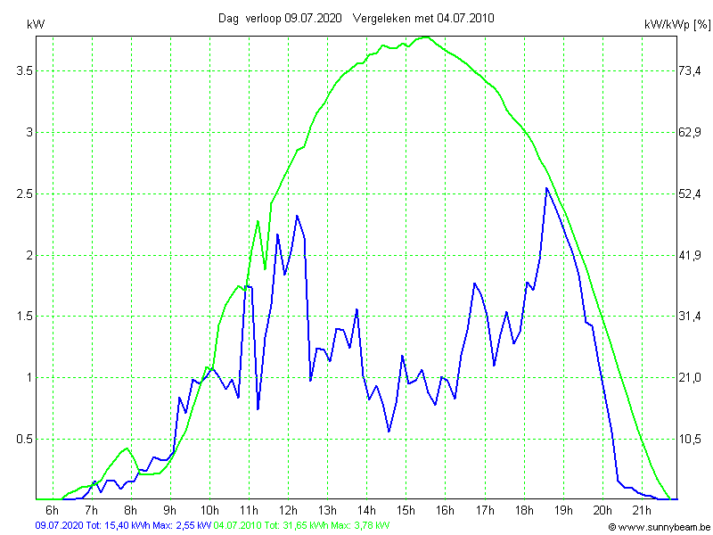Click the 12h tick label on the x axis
(288, 510)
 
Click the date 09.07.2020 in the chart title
(313, 18)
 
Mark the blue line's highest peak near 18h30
(546, 188)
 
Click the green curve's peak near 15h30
(425, 37)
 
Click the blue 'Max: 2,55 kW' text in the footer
(182, 526)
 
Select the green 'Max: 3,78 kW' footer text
(360, 526)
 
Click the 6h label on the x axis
(52, 510)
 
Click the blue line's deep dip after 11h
(258, 408)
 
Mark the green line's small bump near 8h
(127, 448)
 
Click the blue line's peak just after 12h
(297, 216)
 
